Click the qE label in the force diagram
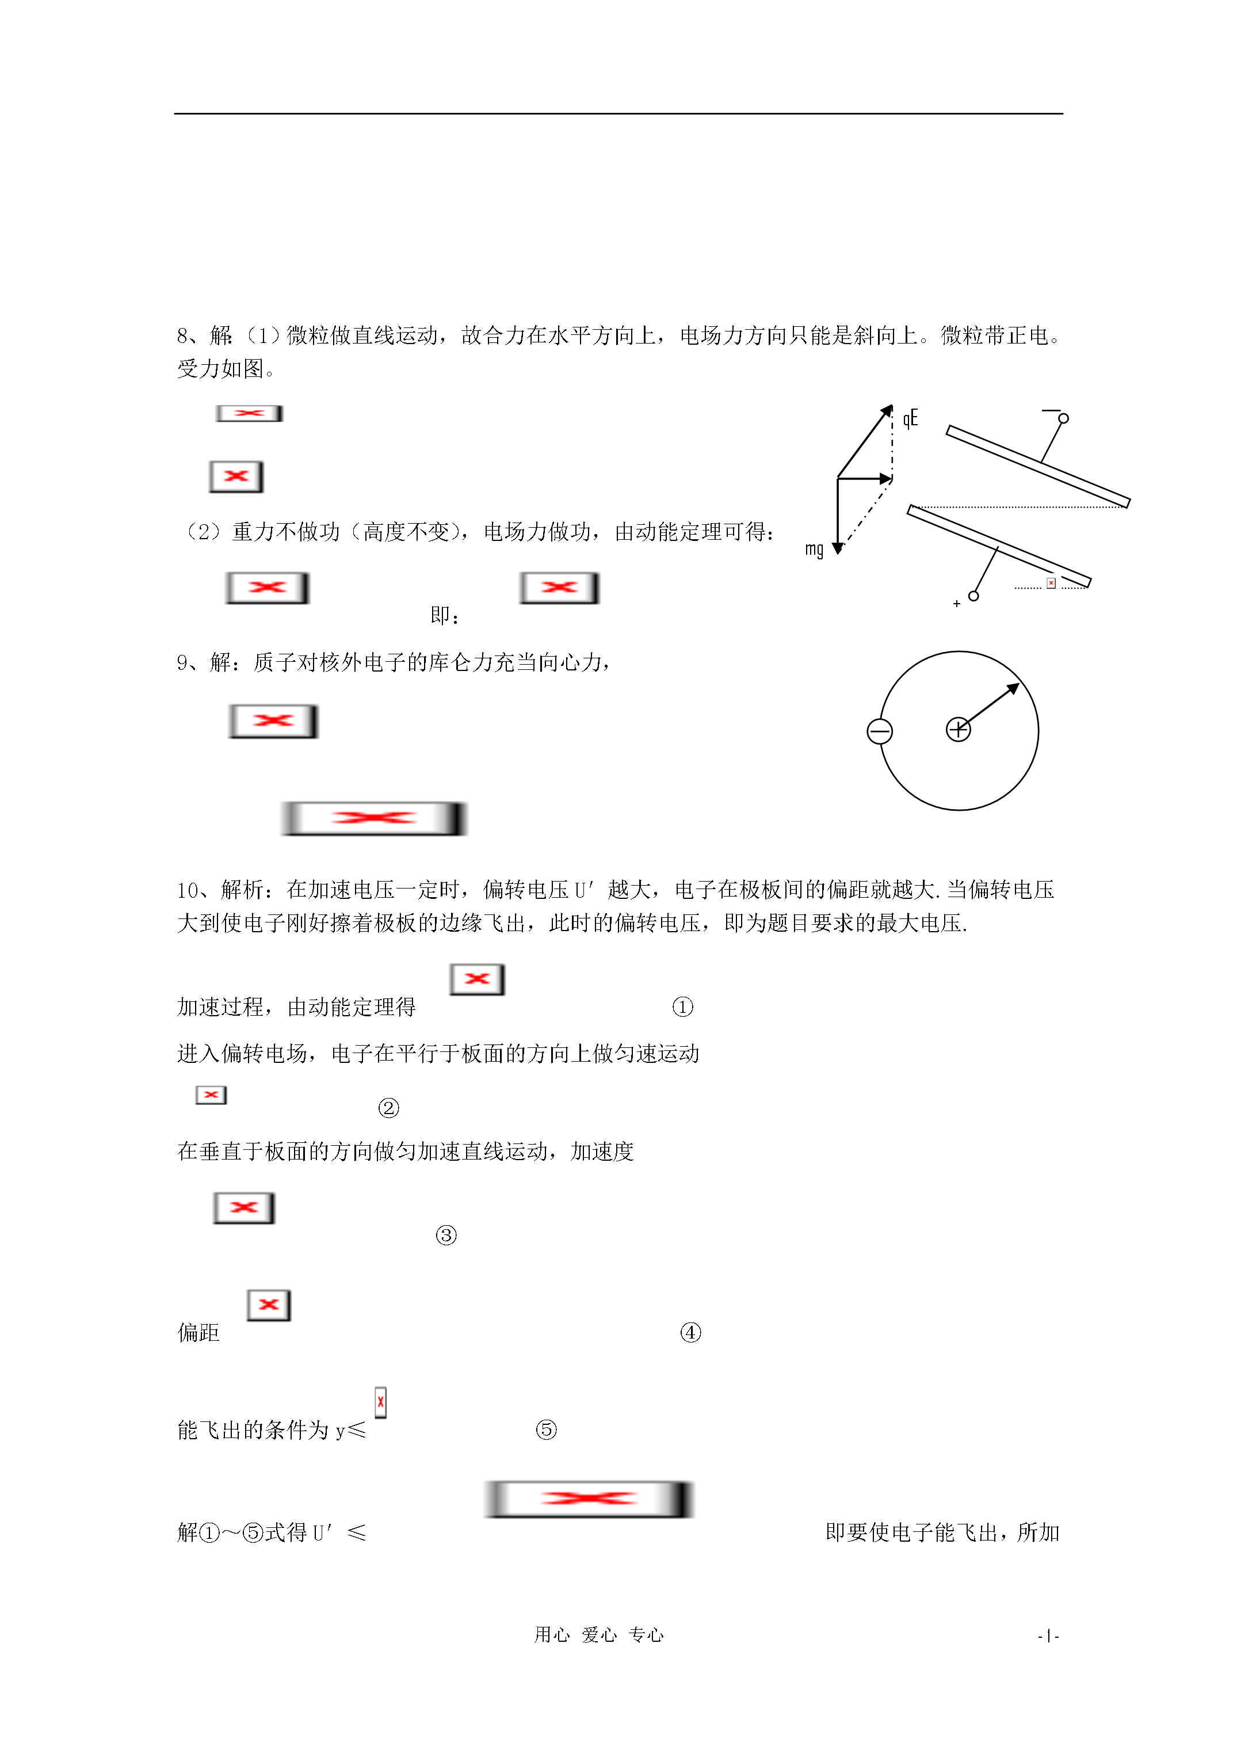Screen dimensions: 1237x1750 910,418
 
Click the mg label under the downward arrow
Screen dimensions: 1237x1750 814,549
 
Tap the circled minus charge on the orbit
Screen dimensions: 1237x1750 880,731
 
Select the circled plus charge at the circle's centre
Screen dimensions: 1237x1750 958,730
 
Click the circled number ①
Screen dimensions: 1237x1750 682,1007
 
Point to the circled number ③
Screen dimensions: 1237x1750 446,1235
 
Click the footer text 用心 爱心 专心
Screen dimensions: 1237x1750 598,1635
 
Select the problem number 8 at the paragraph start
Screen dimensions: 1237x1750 183,335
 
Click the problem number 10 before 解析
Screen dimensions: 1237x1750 188,890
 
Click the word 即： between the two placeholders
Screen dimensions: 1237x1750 445,615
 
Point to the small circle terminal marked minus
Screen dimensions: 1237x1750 1063,418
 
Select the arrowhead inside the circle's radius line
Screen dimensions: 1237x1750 1014,688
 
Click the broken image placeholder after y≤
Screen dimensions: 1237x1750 380,1402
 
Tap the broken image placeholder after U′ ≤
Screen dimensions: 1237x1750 589,1499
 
